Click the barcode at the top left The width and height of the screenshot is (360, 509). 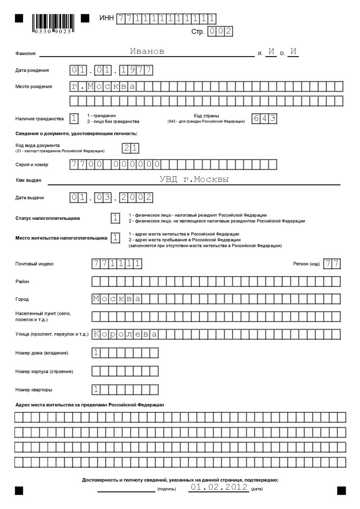coord(52,23)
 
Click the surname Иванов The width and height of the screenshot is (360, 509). coord(147,52)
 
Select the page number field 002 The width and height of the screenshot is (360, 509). coord(220,31)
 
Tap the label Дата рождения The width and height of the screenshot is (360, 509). coord(32,71)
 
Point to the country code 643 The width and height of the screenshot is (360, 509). coord(264,119)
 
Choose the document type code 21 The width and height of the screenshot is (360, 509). coord(130,148)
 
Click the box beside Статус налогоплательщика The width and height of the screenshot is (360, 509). coord(116,218)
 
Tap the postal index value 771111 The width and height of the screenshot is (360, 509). coord(117,264)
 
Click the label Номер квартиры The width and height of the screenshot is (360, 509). coord(34,389)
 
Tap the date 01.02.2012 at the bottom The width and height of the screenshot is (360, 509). coord(219,487)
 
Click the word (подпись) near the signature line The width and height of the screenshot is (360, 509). coord(167,489)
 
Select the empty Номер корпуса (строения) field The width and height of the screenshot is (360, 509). coord(125,371)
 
